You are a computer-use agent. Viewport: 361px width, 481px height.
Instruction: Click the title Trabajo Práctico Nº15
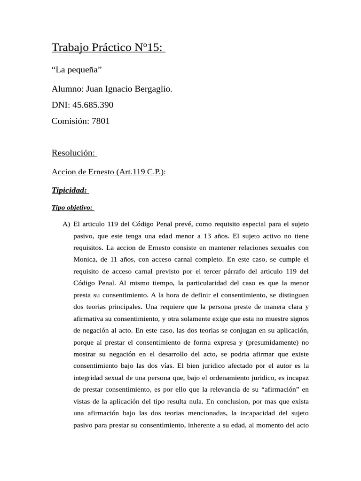pos(108,47)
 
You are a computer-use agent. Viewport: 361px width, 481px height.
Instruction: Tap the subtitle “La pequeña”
pos(77,70)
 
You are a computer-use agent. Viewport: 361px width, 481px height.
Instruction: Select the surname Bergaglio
pos(152,89)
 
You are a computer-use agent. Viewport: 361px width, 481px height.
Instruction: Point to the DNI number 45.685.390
pos(93,105)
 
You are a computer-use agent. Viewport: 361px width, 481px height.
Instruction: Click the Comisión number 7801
pos(101,121)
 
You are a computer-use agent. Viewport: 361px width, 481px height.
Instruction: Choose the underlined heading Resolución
pos(73,153)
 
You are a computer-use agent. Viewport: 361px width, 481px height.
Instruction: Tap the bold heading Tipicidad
pos(70,190)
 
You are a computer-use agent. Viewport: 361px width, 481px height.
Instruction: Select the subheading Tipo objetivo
pos(72,207)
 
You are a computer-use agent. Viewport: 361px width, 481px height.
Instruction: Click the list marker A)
pos(66,224)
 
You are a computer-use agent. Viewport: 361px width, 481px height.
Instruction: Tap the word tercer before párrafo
pos(210,271)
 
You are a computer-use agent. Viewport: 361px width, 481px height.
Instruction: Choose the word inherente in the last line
pos(208,425)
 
